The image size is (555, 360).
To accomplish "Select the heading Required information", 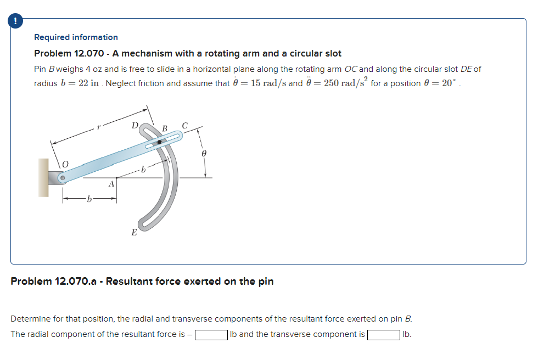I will coord(76,37).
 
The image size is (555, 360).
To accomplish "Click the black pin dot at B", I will coord(160,142).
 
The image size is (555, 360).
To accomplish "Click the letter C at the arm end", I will coord(185,126).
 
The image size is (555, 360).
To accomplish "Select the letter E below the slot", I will coord(133,232).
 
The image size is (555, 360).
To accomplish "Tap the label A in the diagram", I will coord(111,184).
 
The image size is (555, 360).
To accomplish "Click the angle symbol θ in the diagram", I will coord(203,155).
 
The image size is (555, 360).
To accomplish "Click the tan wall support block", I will coord(43,178).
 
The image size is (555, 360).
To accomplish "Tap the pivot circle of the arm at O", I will coord(63,178).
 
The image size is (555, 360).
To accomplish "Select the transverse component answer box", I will coord(383,335).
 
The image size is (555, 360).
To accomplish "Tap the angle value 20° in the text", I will coord(450,83).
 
